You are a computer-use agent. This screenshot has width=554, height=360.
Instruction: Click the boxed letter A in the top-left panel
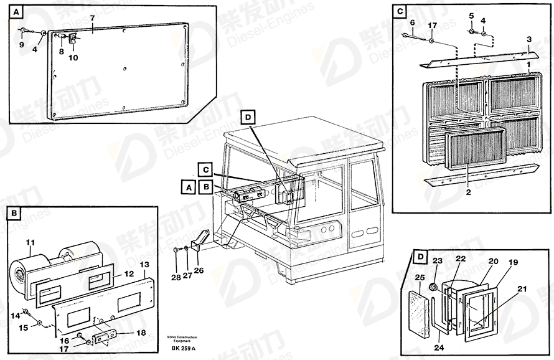15,11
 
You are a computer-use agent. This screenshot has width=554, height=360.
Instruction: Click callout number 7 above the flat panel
92,19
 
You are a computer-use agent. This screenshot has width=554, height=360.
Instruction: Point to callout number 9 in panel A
21,44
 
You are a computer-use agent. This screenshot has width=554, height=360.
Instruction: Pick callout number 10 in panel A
73,58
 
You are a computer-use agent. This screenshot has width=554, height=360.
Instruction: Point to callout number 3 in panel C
528,39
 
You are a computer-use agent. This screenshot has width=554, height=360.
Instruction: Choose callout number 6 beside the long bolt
413,22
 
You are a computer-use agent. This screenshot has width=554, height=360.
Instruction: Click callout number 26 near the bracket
199,270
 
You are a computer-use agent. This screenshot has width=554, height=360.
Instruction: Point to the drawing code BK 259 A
181,348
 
